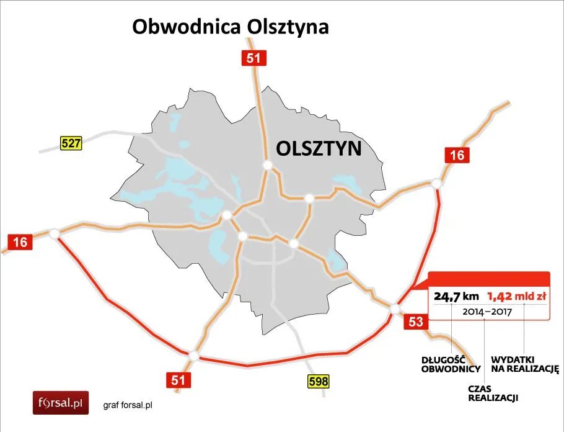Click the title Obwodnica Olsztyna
click(x=230, y=28)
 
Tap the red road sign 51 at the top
click(x=253, y=58)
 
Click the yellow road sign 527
click(x=71, y=143)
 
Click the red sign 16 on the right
click(x=457, y=155)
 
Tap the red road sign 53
click(x=416, y=321)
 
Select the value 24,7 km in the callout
click(x=455, y=296)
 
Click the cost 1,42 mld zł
click(x=517, y=296)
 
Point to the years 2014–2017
click(x=487, y=311)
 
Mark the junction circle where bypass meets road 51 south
click(x=194, y=356)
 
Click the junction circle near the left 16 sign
click(x=54, y=233)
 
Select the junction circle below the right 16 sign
click(x=436, y=183)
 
